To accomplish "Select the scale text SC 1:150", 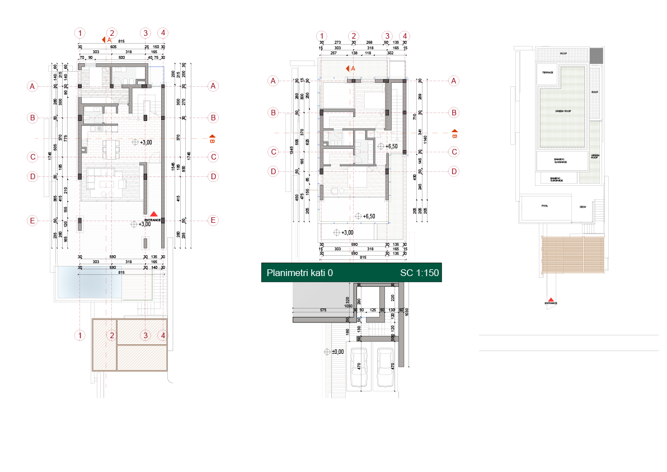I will [420, 273].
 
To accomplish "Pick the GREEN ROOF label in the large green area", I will [562, 111].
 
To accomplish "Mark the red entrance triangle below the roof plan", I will [552, 301].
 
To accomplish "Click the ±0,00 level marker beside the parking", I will [335, 352].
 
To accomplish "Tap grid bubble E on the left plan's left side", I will [33, 221].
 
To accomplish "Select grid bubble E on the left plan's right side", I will [213, 221].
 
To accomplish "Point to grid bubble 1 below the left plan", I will [81, 335].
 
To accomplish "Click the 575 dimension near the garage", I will [323, 310].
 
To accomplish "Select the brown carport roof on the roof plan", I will [572, 254].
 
